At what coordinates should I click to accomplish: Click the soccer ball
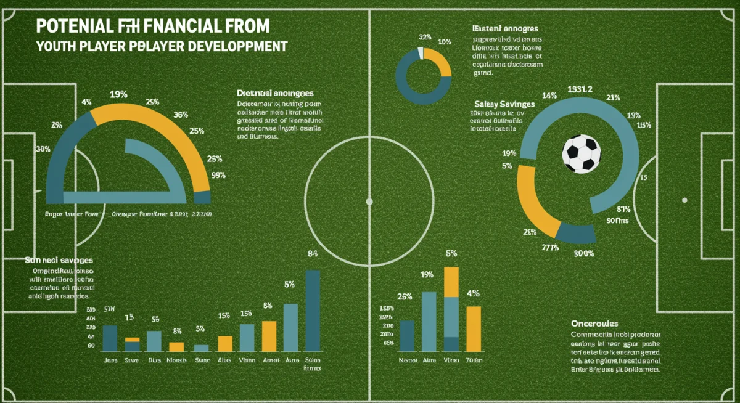(582, 153)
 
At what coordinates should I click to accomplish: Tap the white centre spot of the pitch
(369, 201)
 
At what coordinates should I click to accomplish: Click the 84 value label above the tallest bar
(312, 253)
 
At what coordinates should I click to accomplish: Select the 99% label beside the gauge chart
(218, 175)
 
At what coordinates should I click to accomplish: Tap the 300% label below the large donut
(583, 253)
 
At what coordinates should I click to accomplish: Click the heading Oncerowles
(594, 324)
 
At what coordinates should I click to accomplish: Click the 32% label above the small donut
(424, 37)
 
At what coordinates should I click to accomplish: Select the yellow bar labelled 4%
(473, 328)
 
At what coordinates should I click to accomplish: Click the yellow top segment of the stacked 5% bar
(451, 282)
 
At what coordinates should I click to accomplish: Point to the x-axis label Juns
(110, 360)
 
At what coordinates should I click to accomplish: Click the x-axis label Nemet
(408, 360)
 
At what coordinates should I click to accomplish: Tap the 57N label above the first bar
(110, 309)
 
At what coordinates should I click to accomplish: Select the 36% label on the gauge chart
(181, 114)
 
